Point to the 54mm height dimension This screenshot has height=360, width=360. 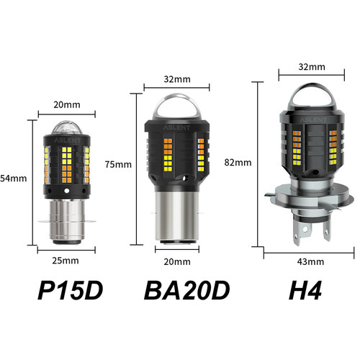(x=13, y=177)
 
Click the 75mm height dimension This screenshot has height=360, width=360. (x=117, y=163)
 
